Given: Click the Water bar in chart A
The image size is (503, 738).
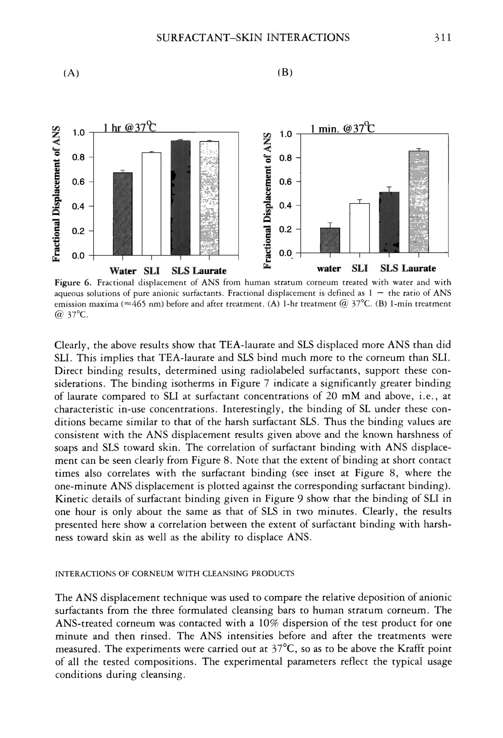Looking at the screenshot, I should [122, 213].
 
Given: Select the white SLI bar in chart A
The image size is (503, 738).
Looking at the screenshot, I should [151, 203].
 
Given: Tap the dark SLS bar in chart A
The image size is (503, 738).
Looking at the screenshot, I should [181, 198].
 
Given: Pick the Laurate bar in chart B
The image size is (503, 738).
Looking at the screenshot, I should [418, 202].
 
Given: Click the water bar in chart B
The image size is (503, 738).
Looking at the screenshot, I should [330, 240].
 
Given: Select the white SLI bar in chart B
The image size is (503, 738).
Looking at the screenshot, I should [359, 228].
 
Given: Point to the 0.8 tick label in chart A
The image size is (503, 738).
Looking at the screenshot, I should [78, 157].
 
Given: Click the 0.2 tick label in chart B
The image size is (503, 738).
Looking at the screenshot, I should [285, 229].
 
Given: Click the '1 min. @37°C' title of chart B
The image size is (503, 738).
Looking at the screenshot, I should [342, 129].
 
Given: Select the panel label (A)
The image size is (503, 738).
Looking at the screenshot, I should [71, 73].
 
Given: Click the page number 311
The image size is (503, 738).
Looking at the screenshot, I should [442, 37].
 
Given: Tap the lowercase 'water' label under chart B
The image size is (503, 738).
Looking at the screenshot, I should [329, 269].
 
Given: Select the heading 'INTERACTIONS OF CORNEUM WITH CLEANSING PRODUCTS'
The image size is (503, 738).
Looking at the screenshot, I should [175, 573].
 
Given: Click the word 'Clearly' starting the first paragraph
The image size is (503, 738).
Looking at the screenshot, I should [72, 345].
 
